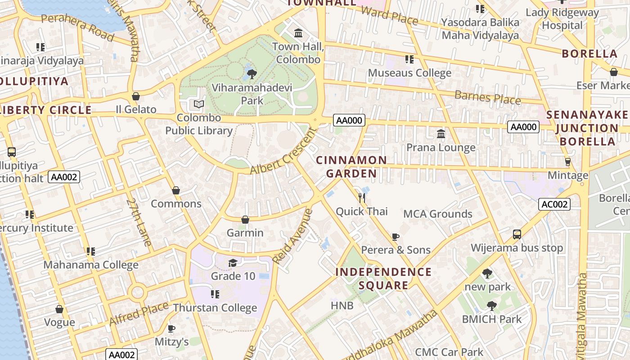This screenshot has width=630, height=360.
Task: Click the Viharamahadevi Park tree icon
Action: [x=252, y=73]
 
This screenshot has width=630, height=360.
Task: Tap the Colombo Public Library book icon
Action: [x=199, y=104]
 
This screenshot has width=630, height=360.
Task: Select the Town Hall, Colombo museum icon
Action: [x=298, y=33]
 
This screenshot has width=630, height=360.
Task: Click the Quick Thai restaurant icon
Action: [x=362, y=197]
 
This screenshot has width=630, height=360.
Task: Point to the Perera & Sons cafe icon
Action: [x=396, y=236]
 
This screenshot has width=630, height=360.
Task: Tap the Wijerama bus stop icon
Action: [x=517, y=234]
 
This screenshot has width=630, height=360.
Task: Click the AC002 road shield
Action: [x=554, y=204]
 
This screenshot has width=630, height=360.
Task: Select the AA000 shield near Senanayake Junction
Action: [x=523, y=127]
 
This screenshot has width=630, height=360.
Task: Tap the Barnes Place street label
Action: [x=487, y=97]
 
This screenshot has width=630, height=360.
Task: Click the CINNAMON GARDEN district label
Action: [x=351, y=167]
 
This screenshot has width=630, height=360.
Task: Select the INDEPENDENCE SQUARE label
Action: [x=383, y=279]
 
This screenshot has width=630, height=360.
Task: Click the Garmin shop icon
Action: [x=245, y=220]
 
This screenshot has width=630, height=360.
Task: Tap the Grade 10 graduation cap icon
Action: [x=233, y=263]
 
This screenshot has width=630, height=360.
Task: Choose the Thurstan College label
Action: [x=215, y=308]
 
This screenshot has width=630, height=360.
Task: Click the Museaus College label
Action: [x=409, y=73]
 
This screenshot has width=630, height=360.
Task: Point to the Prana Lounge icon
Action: [x=441, y=134]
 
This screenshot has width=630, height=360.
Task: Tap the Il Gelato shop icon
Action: [x=135, y=96]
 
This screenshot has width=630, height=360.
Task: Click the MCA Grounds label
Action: [x=437, y=214]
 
